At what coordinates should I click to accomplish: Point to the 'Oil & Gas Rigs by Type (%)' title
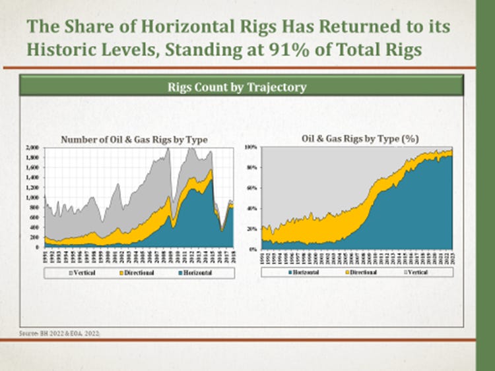pos(360,139)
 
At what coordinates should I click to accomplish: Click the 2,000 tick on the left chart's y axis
pos(32,148)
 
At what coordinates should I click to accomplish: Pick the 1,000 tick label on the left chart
pos(32,197)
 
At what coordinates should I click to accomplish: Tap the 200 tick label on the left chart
pos(34,237)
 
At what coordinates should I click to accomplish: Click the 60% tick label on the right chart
pos(251,188)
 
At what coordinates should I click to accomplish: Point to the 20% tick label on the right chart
pos(251,229)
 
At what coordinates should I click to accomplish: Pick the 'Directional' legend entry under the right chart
pos(359,272)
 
